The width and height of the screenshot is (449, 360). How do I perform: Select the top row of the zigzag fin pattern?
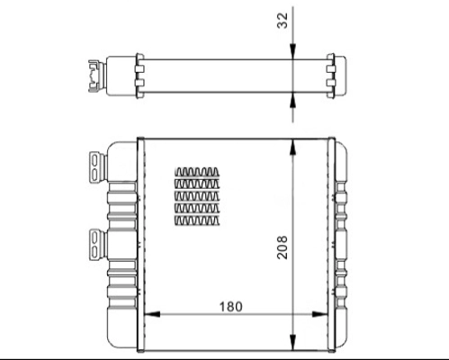196,171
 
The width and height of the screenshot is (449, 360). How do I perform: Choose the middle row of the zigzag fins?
196,196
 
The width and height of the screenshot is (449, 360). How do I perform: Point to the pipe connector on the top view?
94,75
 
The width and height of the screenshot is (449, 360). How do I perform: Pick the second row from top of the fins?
196,184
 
